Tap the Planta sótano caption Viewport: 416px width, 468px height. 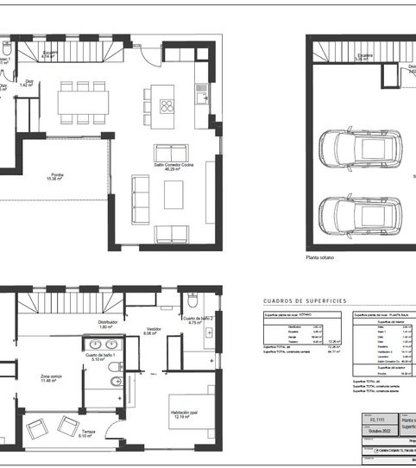[318, 257]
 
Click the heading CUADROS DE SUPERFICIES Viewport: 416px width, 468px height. [305, 300]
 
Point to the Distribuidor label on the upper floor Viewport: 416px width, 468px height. [108, 325]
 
